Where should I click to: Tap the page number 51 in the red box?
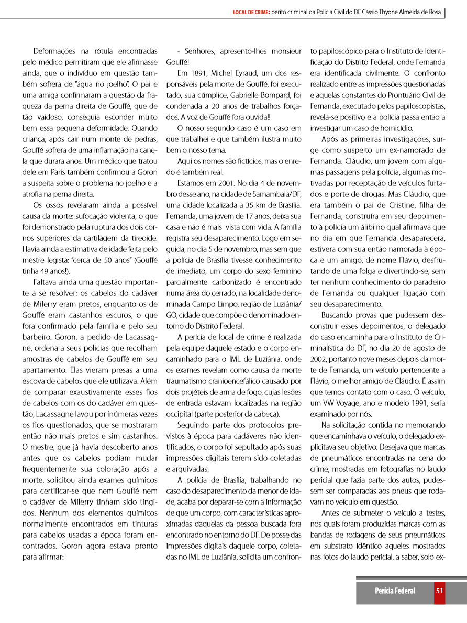(x=439, y=591)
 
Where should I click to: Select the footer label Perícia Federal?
(x=395, y=591)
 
